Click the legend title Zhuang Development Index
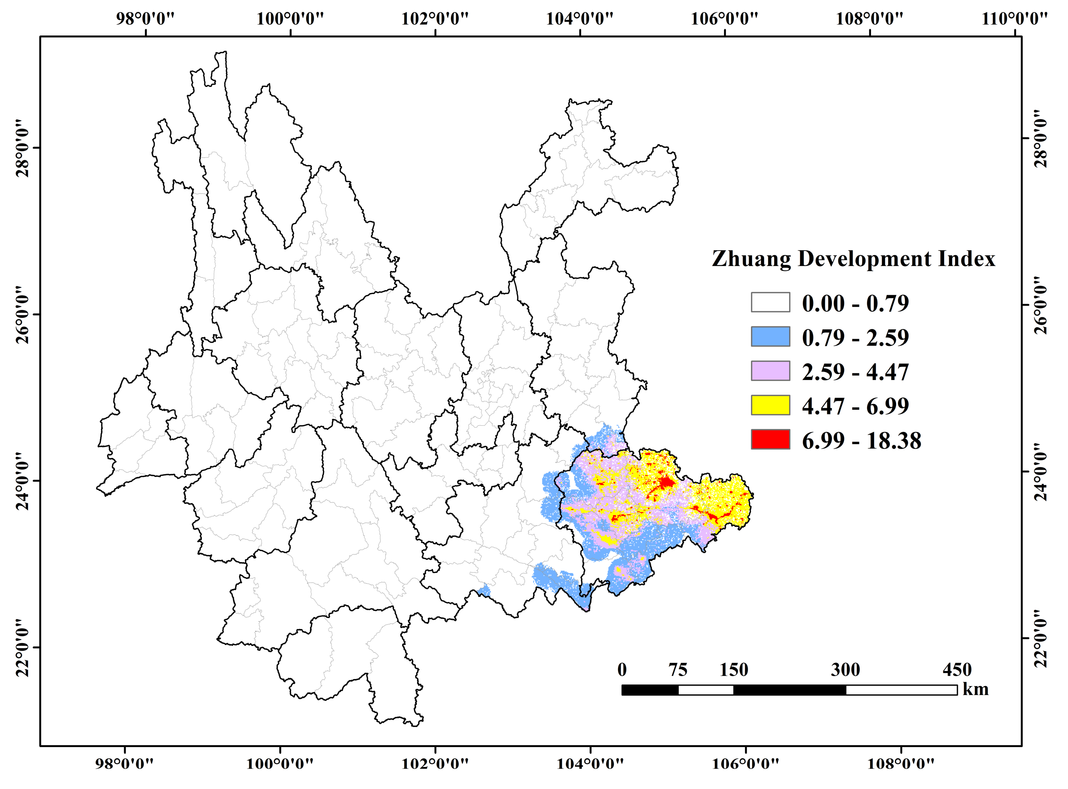click(x=853, y=259)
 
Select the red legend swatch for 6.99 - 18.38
click(x=770, y=439)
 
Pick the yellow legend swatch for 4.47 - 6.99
click(x=770, y=405)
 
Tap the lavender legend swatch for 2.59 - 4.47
click(x=770, y=371)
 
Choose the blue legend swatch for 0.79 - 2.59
click(x=770, y=336)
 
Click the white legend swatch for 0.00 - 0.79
click(x=770, y=302)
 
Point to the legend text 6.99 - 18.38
click(x=861, y=440)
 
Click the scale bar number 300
click(x=845, y=670)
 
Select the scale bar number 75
click(x=678, y=670)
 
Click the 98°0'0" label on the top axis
click(x=145, y=19)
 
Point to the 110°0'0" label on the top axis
click(x=1015, y=19)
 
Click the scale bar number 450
click(x=957, y=670)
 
